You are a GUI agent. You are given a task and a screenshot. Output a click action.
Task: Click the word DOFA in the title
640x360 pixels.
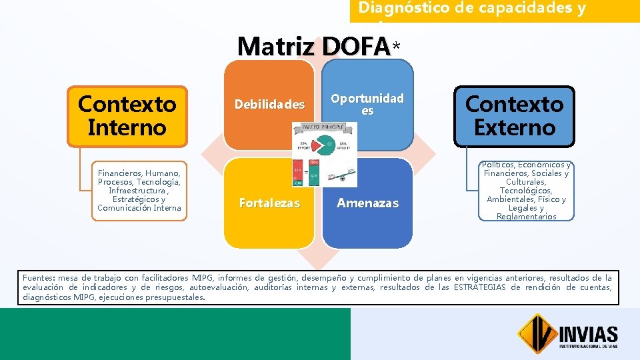355,46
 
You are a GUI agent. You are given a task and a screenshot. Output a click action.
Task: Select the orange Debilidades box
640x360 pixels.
269,105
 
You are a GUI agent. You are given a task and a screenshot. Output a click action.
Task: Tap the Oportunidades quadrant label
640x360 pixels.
367,104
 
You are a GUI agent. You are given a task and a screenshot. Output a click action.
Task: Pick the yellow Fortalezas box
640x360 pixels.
269,203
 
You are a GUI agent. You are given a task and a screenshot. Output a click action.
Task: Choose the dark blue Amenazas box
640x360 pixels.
367,203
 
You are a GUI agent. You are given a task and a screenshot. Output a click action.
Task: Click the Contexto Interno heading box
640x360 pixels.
127,115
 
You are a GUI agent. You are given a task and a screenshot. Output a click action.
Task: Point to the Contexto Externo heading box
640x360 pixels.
514,115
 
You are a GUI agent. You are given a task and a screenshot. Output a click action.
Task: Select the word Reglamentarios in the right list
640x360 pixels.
526,216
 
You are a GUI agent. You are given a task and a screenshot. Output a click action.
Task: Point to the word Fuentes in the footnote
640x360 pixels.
38,278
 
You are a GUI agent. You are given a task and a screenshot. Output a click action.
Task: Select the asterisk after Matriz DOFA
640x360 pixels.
397,47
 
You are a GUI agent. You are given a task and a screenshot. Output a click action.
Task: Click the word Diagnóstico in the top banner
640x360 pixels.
395,8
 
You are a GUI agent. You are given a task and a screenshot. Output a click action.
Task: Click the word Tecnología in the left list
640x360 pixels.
157,182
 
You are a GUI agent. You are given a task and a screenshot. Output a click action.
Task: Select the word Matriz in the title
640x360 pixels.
276,46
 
